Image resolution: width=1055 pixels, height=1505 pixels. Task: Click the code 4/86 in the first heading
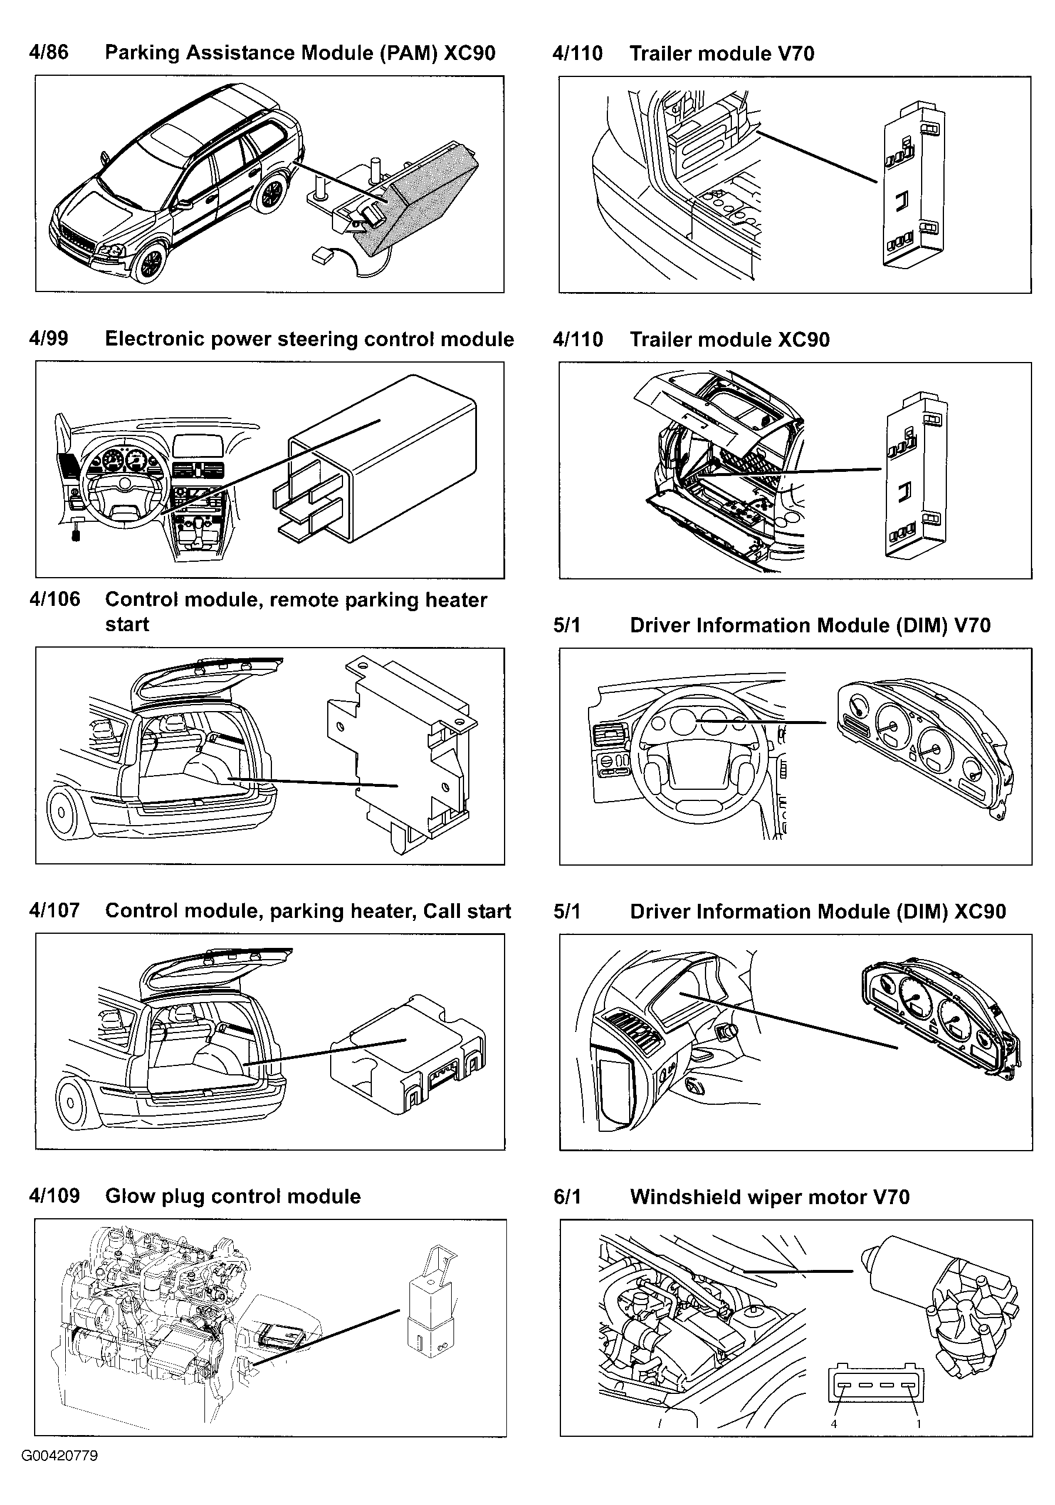pyautogui.click(x=49, y=52)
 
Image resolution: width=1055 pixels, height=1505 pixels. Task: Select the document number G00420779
pyautogui.click(x=60, y=1456)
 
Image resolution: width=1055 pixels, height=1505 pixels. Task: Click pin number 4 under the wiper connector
pyautogui.click(x=834, y=1424)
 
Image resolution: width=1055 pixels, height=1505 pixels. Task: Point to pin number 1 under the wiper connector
pyautogui.click(x=918, y=1424)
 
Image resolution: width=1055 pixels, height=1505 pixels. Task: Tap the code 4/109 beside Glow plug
pyautogui.click(x=55, y=1196)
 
